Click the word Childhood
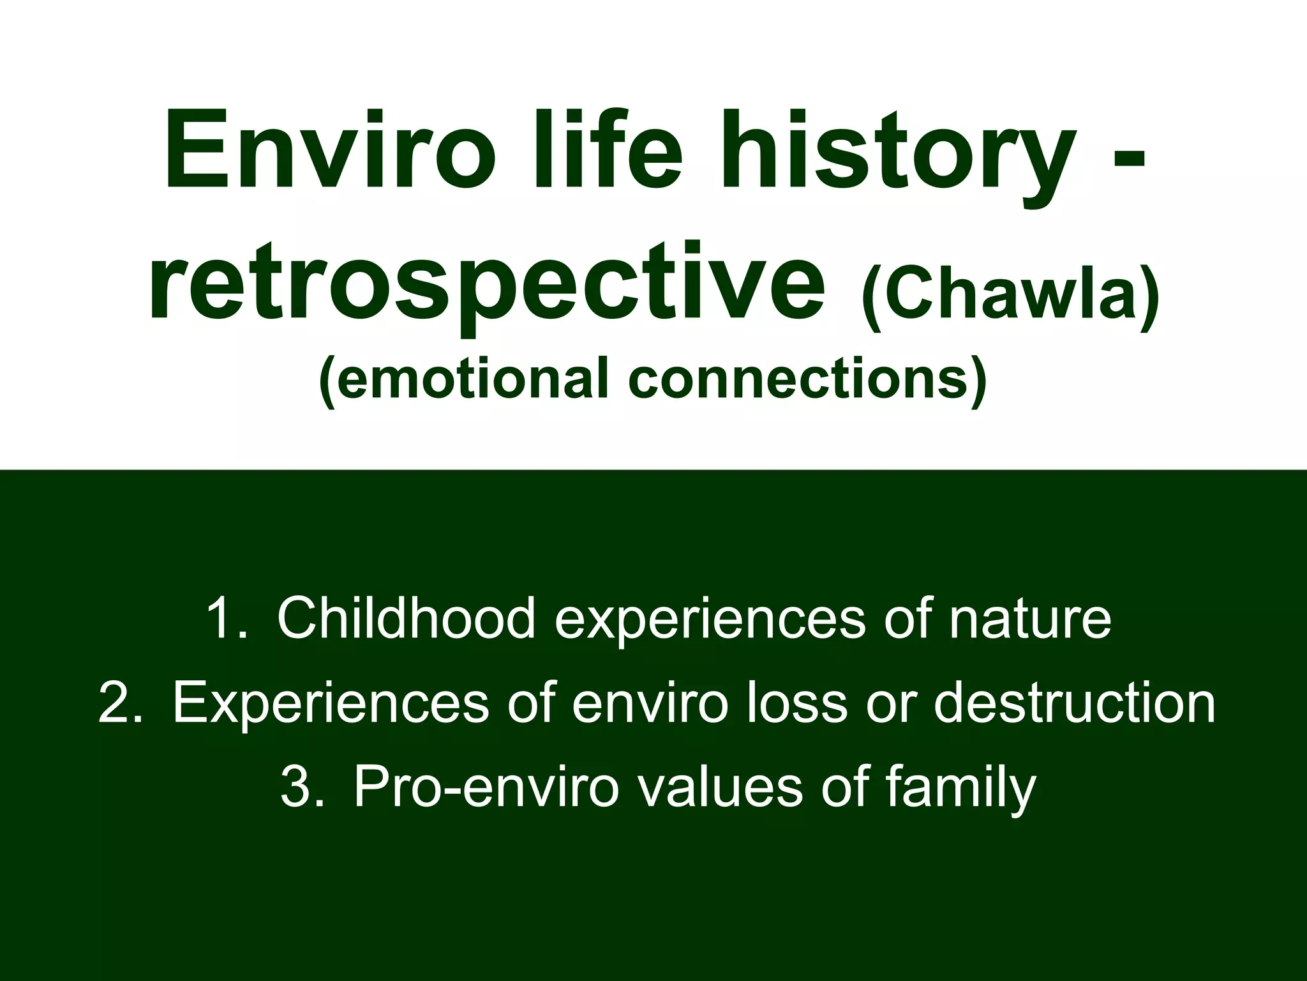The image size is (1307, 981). tap(406, 618)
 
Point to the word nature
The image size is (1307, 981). tap(1029, 619)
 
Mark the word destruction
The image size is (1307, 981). tap(1075, 703)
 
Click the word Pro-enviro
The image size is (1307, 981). tap(486, 787)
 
